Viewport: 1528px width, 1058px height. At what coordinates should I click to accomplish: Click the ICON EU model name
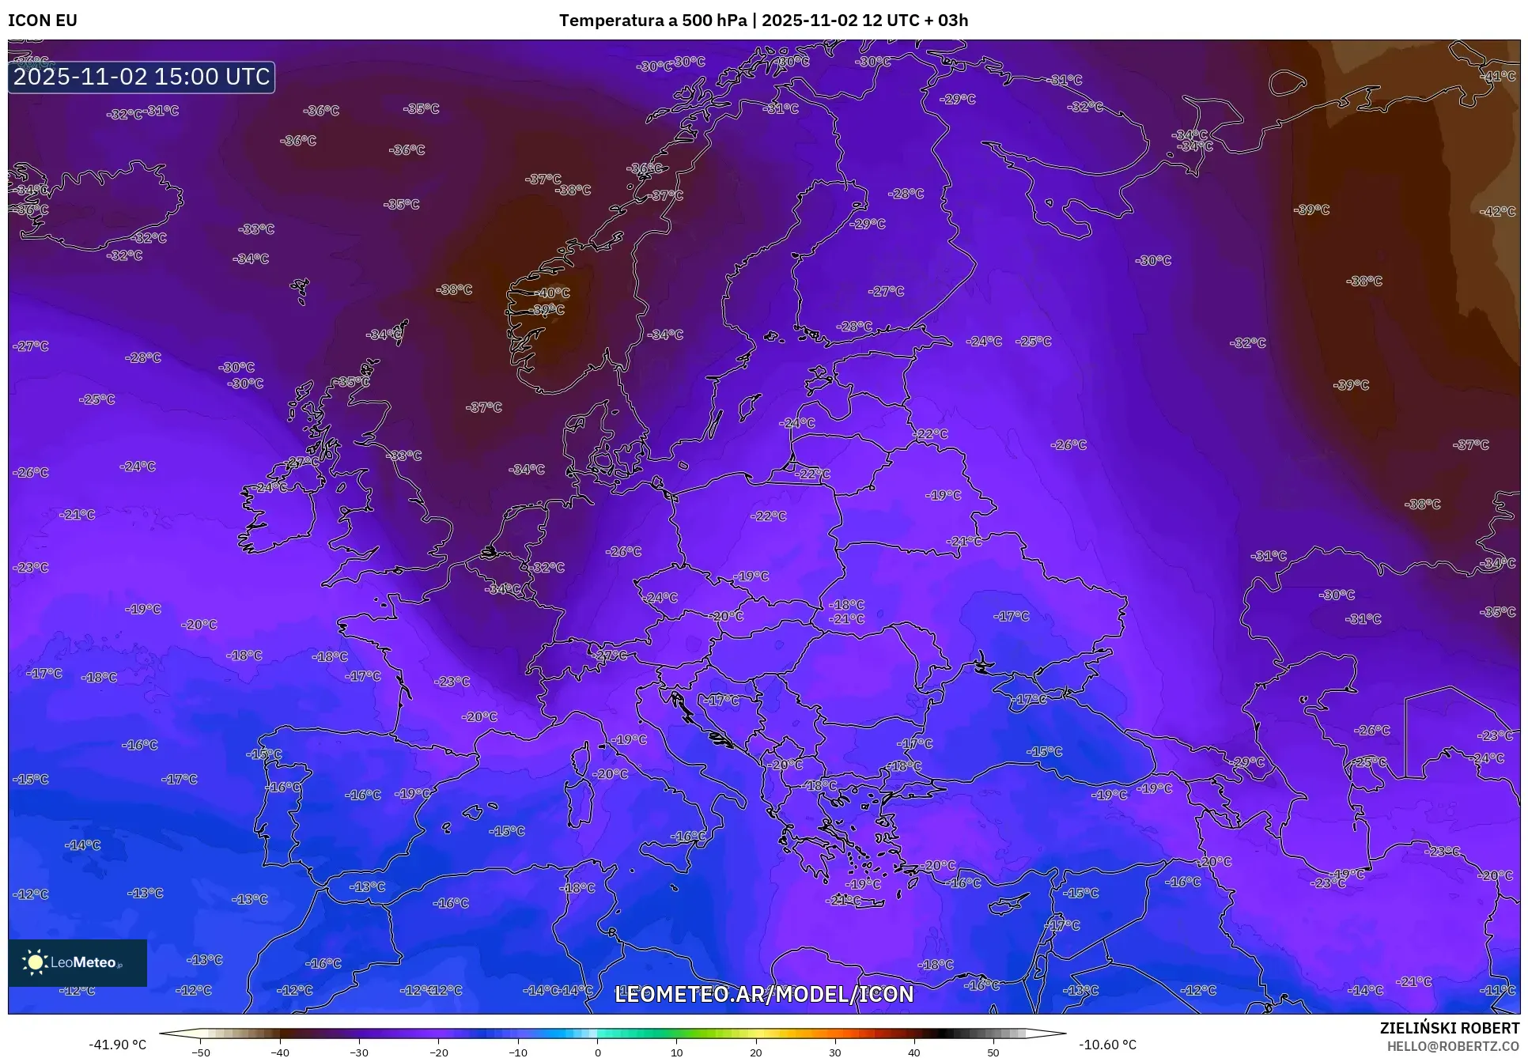(43, 21)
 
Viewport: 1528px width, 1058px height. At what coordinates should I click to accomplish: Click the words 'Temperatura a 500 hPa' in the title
(652, 21)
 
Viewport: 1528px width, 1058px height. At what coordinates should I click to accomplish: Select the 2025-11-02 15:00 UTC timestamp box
(142, 77)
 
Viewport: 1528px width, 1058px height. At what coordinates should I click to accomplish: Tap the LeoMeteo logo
(77, 962)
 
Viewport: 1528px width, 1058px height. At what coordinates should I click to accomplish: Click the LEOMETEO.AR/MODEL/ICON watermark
(764, 994)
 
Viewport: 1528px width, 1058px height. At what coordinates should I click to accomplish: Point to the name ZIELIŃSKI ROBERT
(1450, 1028)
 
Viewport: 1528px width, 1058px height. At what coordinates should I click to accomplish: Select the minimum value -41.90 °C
(118, 1045)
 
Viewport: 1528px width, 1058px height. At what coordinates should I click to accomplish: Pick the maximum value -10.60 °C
(1108, 1045)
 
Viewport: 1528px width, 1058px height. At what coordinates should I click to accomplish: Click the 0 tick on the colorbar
(597, 1052)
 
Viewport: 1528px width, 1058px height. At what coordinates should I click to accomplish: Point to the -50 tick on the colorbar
(201, 1052)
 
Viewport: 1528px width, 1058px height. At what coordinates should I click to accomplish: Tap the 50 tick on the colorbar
(993, 1052)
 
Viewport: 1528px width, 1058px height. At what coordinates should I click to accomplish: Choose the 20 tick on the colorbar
(756, 1052)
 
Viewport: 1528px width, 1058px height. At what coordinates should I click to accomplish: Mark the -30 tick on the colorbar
(359, 1052)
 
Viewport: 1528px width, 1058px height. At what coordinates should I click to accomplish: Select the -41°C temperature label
(1498, 77)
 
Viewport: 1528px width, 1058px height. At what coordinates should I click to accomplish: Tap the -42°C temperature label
(1498, 211)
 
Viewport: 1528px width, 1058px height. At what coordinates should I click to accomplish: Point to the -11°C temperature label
(1498, 990)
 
